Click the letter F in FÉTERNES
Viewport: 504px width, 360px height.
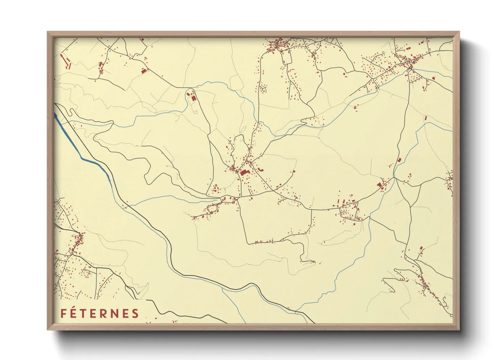coord(63,313)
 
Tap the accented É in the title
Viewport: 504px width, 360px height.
coord(74,313)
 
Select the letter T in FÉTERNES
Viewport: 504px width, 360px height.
coord(83,313)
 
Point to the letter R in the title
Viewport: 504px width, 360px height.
coord(104,313)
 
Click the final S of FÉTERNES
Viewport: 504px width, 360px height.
coord(135,313)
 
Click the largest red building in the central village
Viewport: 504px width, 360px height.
coord(244,173)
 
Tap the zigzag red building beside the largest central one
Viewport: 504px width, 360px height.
coord(261,169)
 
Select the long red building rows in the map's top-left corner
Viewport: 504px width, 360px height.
coord(65,61)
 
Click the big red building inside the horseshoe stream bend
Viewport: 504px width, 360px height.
coord(193,98)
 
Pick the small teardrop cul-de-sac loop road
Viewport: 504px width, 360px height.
coord(263,89)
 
